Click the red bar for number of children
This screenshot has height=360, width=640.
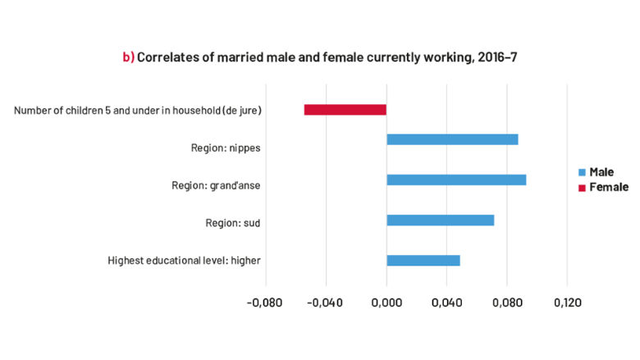345,110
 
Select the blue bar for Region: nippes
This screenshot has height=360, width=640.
452,139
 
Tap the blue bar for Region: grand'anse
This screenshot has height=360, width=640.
456,180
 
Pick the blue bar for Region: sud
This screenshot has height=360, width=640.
440,220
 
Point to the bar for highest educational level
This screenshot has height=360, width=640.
423,261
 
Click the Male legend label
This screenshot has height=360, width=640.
601,172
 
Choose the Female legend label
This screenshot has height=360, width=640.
608,187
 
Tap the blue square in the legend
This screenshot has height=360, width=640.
582,172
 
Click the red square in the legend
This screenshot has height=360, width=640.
582,188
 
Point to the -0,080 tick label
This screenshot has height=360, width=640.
265,303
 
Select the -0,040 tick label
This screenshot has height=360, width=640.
326,303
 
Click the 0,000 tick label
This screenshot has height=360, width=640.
386,303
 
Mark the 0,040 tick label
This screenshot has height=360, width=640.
446,303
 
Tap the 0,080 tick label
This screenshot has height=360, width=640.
507,303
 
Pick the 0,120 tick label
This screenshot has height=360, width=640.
567,303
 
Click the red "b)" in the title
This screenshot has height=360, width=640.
128,57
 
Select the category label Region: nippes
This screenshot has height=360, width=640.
225,148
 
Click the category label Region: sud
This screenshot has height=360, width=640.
233,222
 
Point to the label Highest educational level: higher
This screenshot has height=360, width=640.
185,261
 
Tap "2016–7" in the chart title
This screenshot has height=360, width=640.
497,57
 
